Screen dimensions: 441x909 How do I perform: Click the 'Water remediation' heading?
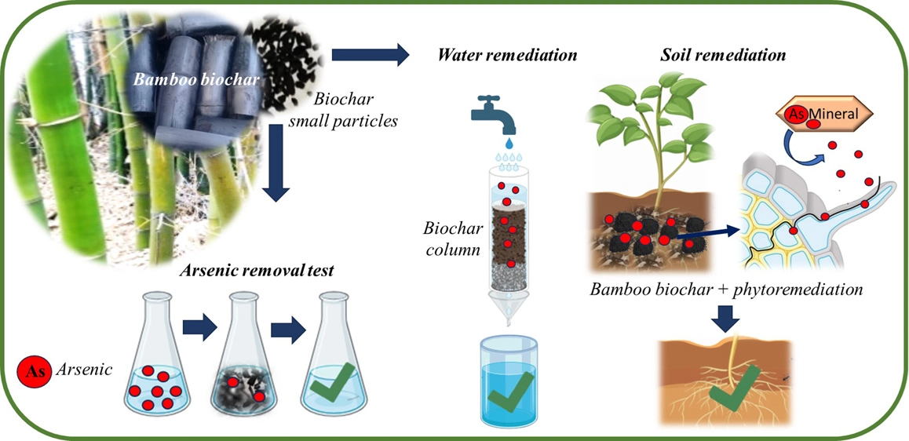coord(508,55)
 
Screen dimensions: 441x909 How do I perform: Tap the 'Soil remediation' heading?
coord(722,55)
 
